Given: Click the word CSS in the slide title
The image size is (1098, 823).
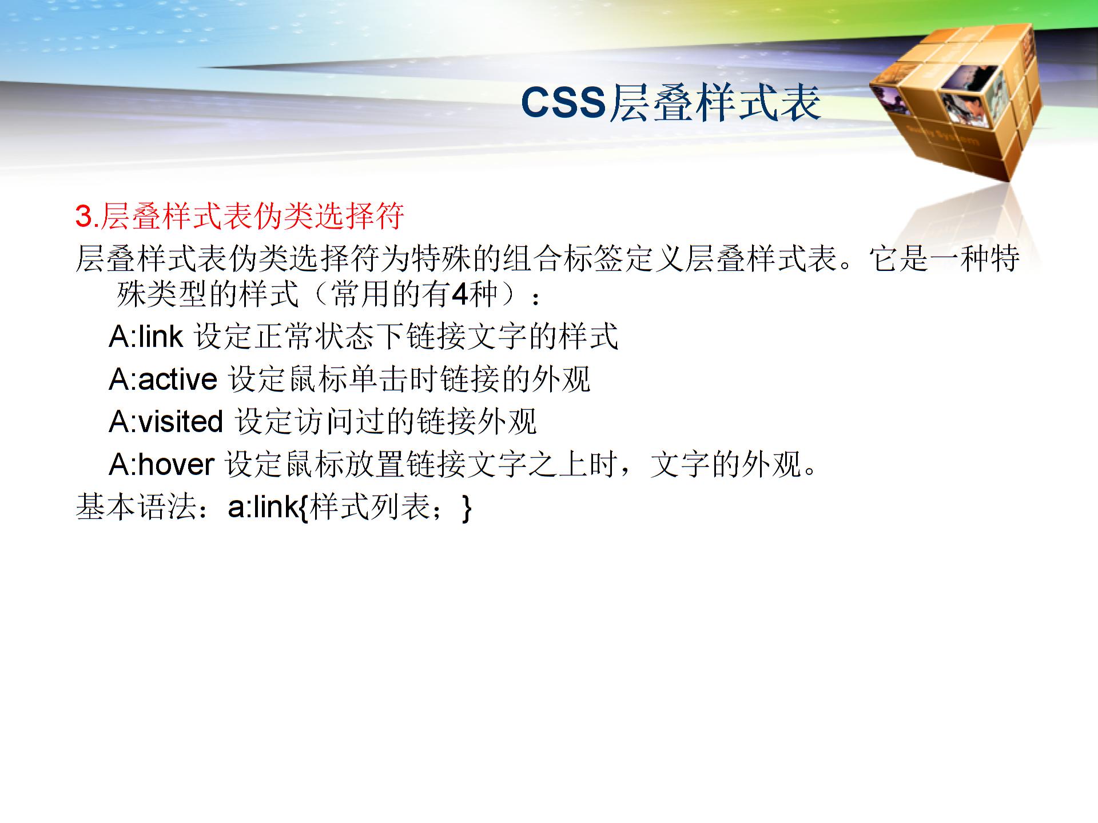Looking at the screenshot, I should click(563, 103).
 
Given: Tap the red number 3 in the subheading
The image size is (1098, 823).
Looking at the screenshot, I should click(83, 217).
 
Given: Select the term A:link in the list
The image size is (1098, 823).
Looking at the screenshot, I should click(146, 336).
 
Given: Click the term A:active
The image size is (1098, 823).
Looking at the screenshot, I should click(163, 379).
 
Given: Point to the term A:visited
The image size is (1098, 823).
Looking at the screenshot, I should click(165, 422).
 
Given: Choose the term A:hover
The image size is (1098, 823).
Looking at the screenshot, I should click(161, 464).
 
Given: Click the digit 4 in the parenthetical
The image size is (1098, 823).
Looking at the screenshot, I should click(459, 294).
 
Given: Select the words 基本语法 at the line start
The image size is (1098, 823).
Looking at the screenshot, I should click(136, 507).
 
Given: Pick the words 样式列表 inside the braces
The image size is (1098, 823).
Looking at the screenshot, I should click(369, 507).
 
